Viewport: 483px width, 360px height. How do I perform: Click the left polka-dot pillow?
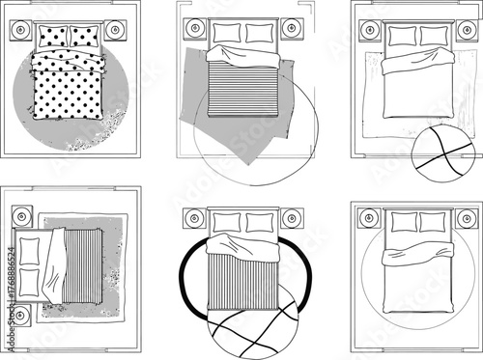point(53,38)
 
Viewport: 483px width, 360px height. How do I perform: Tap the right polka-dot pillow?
point(85,38)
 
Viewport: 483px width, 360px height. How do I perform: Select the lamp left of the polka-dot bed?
point(21,32)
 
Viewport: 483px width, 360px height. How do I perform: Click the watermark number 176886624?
point(11,291)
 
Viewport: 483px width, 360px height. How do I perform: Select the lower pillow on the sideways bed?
point(30,281)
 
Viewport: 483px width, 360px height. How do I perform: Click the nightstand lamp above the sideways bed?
point(22,212)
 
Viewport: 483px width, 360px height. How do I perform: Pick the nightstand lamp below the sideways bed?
point(22,315)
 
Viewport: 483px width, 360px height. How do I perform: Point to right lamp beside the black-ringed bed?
point(291,217)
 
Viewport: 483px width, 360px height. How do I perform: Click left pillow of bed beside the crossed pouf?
point(402,36)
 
